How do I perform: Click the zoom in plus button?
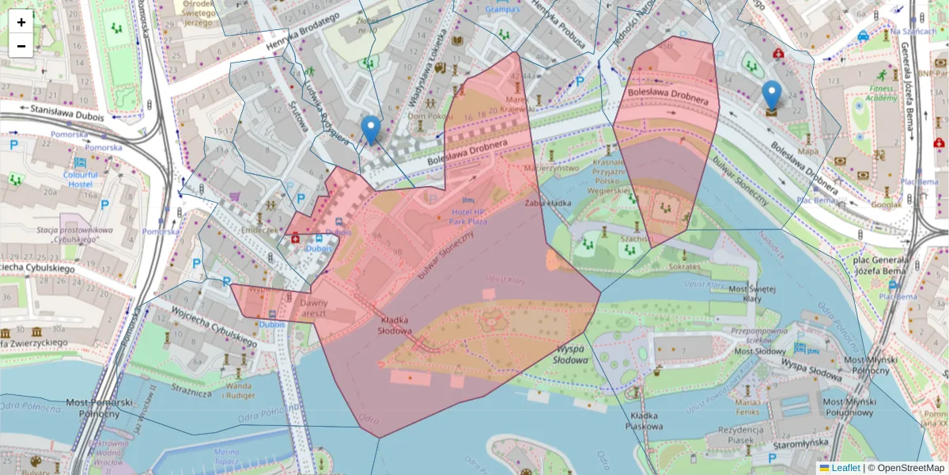pos(21,21)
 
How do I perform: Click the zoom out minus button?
pos(21,46)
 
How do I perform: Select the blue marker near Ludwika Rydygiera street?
pos(370,130)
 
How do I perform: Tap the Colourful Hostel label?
pos(81,178)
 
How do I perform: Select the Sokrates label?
pos(684,267)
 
